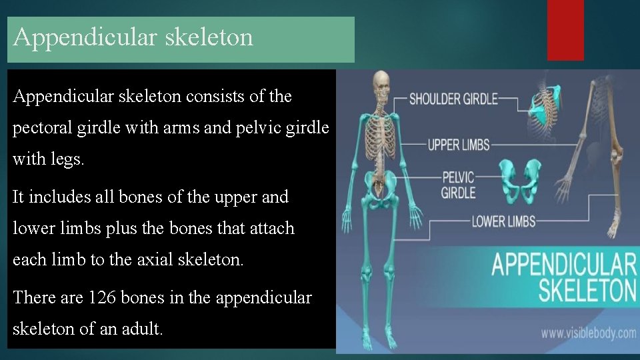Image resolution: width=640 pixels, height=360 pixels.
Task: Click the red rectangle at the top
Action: point(565,30)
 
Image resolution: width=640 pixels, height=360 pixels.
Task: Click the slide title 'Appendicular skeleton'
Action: point(133,37)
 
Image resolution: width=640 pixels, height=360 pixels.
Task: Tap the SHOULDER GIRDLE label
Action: point(453,99)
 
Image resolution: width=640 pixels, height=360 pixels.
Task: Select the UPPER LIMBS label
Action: point(458,144)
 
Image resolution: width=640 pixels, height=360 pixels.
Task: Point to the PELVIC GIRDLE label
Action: point(458,185)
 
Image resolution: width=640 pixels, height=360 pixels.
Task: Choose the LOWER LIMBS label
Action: point(503,221)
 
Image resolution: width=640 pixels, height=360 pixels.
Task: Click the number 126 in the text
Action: point(103,297)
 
